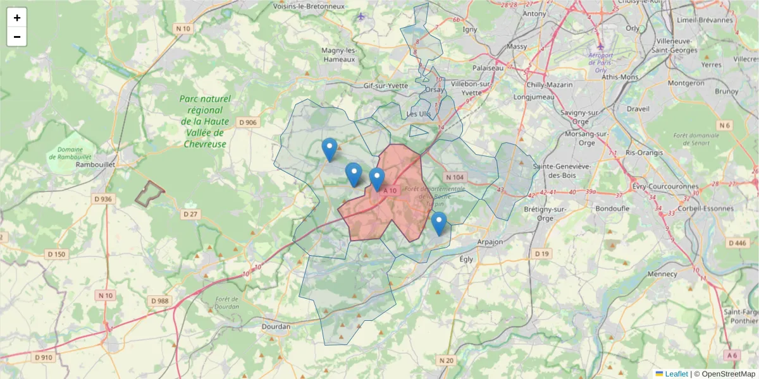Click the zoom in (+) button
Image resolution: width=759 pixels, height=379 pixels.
(x=17, y=18)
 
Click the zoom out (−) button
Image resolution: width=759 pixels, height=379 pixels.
(x=17, y=37)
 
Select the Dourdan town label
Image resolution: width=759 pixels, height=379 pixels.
(x=276, y=327)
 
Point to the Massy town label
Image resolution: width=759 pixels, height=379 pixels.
(x=517, y=47)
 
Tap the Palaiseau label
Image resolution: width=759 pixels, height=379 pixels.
(x=488, y=68)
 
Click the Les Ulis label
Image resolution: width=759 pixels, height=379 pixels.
(x=418, y=114)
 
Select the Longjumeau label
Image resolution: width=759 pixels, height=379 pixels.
(x=534, y=97)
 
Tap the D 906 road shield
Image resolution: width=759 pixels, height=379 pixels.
(x=247, y=122)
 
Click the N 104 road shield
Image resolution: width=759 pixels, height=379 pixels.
(x=454, y=177)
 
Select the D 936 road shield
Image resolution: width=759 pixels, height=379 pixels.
(x=103, y=199)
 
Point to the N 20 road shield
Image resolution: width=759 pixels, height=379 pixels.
(x=446, y=361)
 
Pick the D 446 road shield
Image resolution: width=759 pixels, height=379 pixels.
(x=737, y=243)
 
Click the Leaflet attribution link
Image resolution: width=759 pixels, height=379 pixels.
(x=676, y=374)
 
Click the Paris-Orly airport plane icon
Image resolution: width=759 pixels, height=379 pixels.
(x=601, y=47)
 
